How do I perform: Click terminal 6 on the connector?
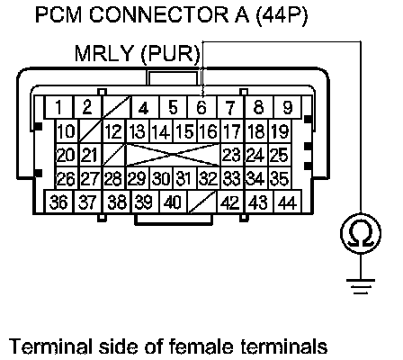(201, 107)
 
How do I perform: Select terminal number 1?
(58, 107)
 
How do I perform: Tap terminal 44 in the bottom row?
(288, 202)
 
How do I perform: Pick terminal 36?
(58, 202)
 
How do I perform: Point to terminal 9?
(288, 107)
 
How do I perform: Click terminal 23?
(232, 155)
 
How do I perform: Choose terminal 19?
(280, 130)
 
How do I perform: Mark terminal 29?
(138, 178)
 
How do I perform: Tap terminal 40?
(173, 202)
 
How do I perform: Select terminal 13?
(138, 130)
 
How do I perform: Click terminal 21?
(91, 155)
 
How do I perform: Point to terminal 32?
(209, 178)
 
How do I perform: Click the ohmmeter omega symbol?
(361, 233)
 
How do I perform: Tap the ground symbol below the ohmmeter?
(361, 286)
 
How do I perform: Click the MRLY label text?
(103, 54)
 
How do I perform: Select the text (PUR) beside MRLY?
(170, 55)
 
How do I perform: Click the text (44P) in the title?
(282, 15)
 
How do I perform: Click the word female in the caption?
(201, 346)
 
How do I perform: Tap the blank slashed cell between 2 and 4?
(116, 107)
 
